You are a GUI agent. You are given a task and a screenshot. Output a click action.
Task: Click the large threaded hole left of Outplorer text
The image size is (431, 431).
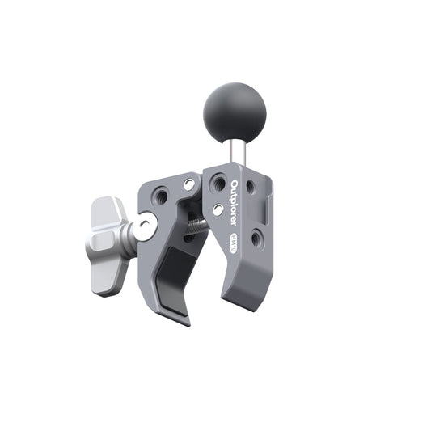pos(217,185)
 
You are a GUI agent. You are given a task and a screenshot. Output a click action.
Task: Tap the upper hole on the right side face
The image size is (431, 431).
pos(250,188)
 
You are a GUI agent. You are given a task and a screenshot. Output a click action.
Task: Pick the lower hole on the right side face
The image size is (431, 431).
pos(256,238)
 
